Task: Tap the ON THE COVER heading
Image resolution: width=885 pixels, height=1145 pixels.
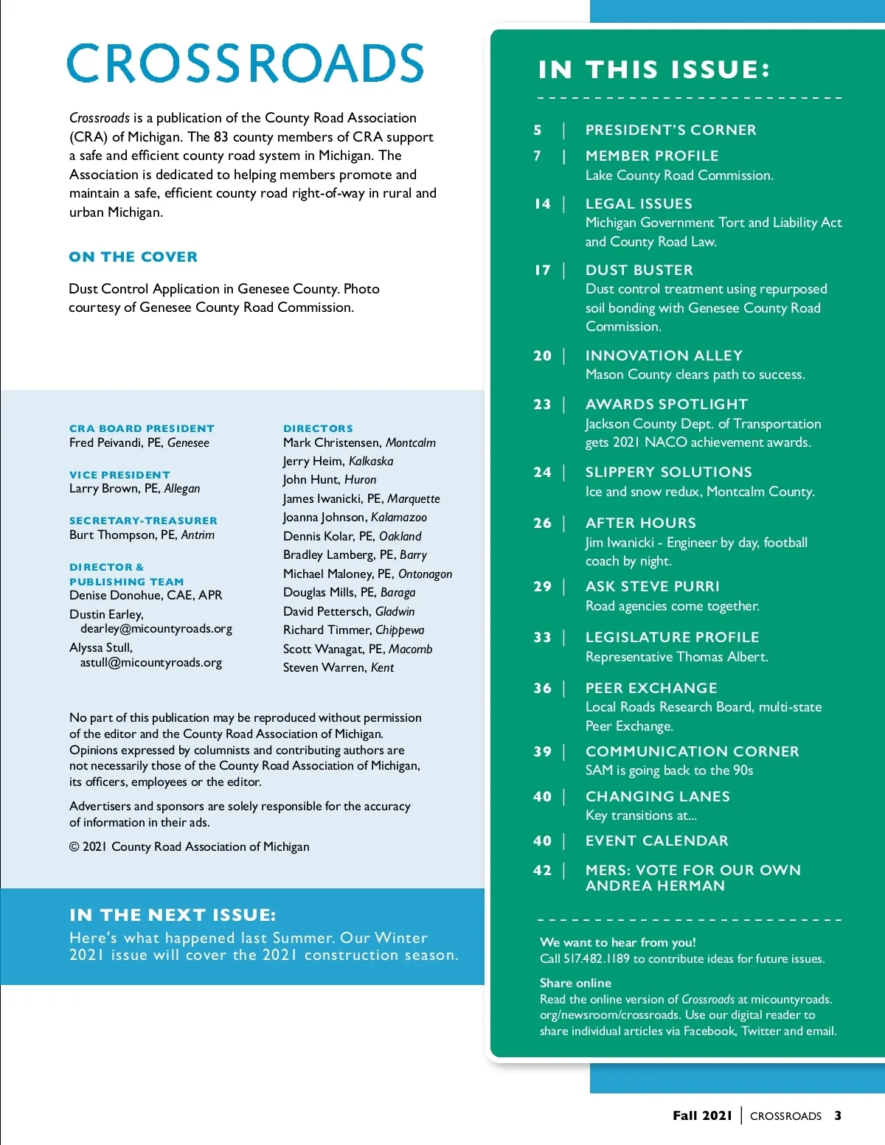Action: pyautogui.click(x=133, y=257)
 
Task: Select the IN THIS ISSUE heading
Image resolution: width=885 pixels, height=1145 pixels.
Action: pyautogui.click(x=654, y=69)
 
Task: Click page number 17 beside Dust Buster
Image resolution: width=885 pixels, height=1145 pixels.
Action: pyautogui.click(x=543, y=270)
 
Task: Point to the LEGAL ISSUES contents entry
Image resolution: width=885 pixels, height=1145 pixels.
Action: pyautogui.click(x=639, y=203)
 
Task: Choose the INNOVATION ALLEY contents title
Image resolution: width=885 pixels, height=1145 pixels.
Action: pyautogui.click(x=664, y=355)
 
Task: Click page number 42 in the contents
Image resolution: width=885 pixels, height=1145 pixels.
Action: pyautogui.click(x=543, y=870)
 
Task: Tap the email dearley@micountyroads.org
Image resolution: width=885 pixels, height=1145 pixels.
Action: pyautogui.click(x=156, y=629)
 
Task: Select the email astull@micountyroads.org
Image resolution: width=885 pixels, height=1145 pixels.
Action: pyautogui.click(x=151, y=662)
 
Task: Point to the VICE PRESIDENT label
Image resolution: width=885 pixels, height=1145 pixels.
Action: pyautogui.click(x=119, y=475)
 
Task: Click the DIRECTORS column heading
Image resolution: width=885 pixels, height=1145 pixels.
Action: pyautogui.click(x=318, y=428)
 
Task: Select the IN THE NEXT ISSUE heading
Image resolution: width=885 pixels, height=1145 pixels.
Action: pyautogui.click(x=173, y=915)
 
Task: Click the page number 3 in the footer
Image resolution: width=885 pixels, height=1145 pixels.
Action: pyautogui.click(x=838, y=1116)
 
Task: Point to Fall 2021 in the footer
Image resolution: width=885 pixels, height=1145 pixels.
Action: pyautogui.click(x=702, y=1116)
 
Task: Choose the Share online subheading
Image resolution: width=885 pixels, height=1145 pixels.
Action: pyautogui.click(x=575, y=983)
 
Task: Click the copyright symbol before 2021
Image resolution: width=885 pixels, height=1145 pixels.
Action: pyautogui.click(x=74, y=846)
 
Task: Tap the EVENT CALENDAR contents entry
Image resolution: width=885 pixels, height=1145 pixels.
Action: pyautogui.click(x=656, y=841)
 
